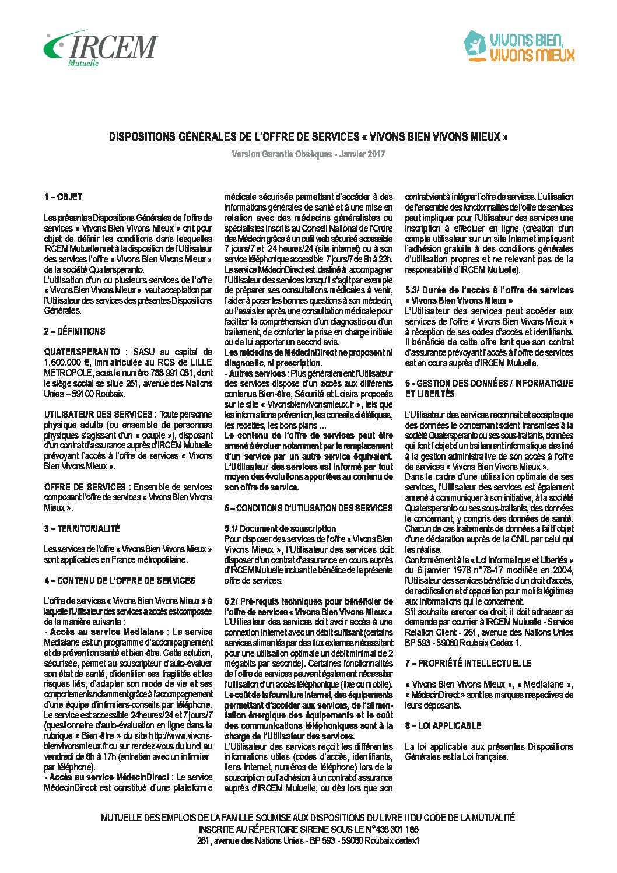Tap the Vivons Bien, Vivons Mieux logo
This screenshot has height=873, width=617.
(x=519, y=47)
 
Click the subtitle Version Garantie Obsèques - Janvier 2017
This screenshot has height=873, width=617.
(x=308, y=155)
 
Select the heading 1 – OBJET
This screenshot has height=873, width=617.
(x=63, y=197)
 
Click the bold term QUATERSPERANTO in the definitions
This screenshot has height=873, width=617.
(x=82, y=352)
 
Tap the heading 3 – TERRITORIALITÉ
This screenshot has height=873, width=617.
(x=82, y=528)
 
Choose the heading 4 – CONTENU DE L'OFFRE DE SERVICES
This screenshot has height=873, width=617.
(x=120, y=580)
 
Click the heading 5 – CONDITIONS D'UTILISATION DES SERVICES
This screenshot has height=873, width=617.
(x=308, y=508)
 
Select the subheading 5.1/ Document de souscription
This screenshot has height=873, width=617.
(x=280, y=528)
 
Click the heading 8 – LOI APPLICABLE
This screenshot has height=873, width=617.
(x=443, y=725)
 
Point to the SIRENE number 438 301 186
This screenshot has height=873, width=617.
(x=397, y=829)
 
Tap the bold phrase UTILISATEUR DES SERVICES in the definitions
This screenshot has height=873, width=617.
(x=99, y=414)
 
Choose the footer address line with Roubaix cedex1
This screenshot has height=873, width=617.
(x=308, y=840)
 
